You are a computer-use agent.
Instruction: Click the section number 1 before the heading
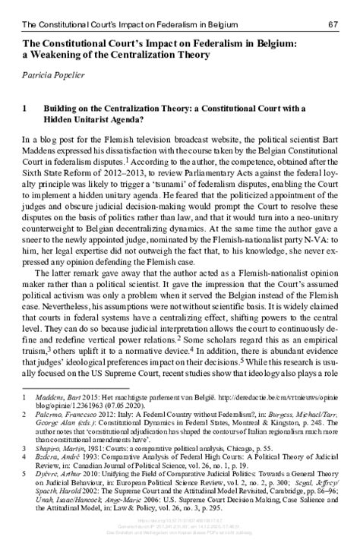tap(27, 109)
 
